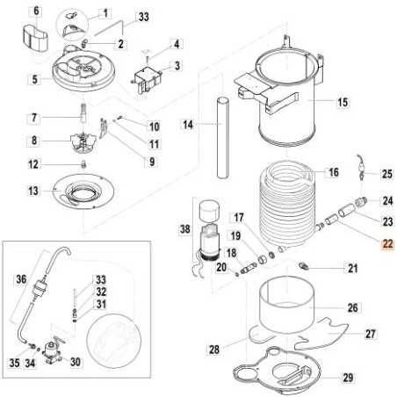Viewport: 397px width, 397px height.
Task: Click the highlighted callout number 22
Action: [386, 245]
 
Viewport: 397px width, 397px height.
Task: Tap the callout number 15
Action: [343, 103]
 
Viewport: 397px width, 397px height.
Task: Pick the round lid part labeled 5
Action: [34, 11]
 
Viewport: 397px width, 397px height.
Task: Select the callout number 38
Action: [183, 229]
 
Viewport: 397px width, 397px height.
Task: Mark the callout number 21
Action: [352, 268]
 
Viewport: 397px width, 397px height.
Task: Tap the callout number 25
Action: [386, 174]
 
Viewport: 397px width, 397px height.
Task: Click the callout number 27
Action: [370, 334]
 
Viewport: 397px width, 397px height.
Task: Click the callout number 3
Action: [177, 65]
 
